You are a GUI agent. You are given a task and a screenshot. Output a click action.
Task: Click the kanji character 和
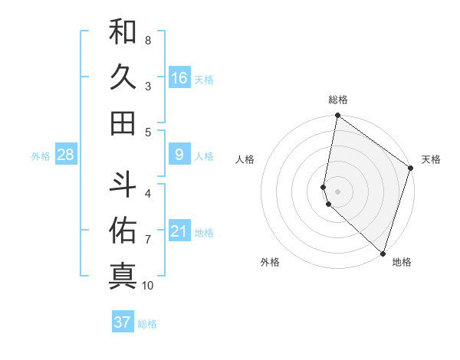coord(123,32)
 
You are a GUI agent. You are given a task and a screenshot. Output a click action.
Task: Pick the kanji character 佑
coord(123,229)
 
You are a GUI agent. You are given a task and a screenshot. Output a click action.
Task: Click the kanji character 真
coord(123,274)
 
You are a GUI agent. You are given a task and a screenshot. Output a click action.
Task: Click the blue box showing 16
coord(179,78)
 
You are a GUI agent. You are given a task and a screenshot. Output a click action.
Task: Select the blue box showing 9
coord(179,155)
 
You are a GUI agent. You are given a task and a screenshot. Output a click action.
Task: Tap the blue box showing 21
coord(179,231)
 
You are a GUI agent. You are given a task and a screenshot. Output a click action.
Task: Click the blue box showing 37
coord(123,322)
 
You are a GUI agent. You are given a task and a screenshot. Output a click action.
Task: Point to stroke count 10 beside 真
coord(148,286)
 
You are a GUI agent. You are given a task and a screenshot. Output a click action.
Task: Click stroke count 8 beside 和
coord(148,40)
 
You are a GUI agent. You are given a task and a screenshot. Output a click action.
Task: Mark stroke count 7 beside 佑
coord(148,240)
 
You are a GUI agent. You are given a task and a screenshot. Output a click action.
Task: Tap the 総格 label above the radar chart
coord(338,100)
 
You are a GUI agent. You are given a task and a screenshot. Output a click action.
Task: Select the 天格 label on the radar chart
coord(431,159)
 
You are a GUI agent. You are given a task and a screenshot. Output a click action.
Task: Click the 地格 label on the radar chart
coord(402,262)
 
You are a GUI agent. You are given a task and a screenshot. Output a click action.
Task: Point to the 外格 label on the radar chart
coord(270,262)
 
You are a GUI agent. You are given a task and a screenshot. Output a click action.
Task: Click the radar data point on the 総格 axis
coord(337,116)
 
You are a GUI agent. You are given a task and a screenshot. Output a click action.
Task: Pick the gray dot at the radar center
coord(337,191)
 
